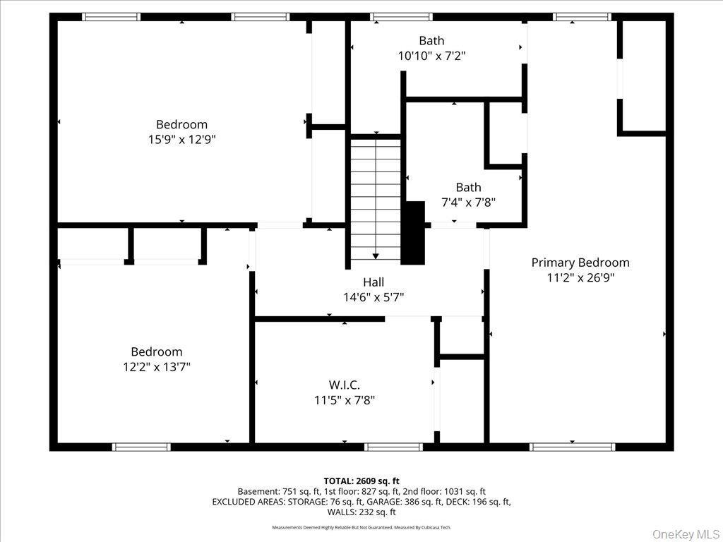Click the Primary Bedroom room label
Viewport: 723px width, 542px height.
(580, 263)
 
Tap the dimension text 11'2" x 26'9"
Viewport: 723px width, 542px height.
(580, 278)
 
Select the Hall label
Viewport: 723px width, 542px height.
(374, 282)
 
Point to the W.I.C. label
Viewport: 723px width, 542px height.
(344, 385)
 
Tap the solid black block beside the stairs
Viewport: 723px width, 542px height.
(413, 234)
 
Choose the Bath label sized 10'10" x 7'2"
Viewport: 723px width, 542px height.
(431, 41)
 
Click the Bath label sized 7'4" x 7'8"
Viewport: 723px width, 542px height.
(468, 187)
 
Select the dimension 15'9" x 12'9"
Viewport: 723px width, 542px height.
(181, 140)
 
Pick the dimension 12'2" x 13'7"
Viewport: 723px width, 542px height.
(156, 367)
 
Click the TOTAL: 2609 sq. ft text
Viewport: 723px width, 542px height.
(361, 481)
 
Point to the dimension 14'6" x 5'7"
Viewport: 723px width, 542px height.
(374, 298)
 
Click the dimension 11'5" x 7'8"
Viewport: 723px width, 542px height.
(344, 400)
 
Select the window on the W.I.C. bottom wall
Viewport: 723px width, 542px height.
(393, 447)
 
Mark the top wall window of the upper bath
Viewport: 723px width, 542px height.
(401, 17)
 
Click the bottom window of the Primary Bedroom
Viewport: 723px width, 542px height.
(572, 447)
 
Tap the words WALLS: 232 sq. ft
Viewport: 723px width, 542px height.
(361, 512)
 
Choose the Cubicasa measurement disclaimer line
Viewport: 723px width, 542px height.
(361, 527)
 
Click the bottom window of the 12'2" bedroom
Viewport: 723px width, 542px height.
(141, 447)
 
